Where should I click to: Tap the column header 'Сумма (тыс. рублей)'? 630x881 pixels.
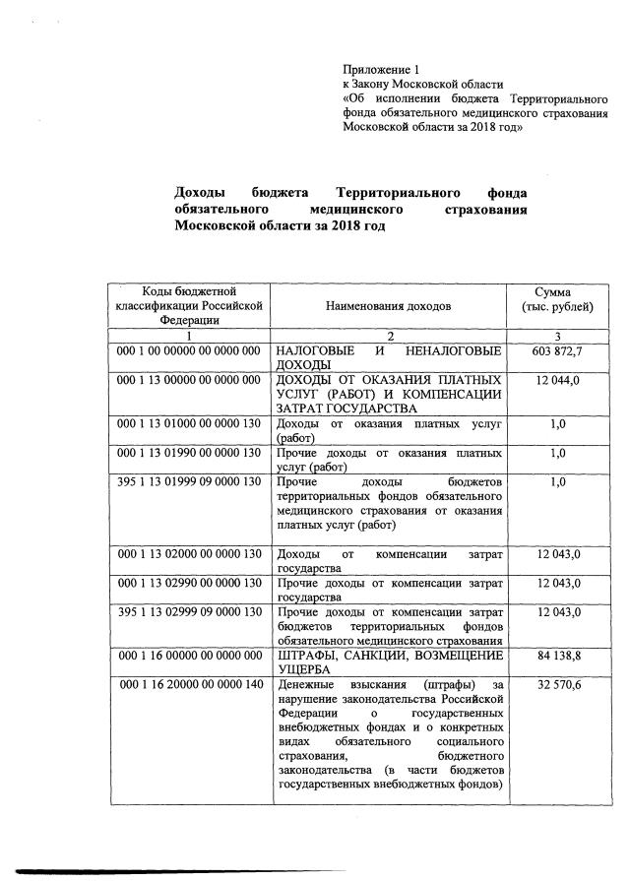coord(557,299)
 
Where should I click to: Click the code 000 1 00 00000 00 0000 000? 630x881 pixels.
coord(188,350)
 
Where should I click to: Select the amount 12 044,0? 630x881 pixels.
coord(557,380)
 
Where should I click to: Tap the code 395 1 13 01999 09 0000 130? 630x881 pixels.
coord(188,481)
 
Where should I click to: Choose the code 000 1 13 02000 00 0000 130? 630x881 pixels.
coord(188,554)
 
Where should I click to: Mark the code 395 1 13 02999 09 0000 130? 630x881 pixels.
coord(188,612)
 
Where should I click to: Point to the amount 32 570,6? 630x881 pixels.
coord(557,685)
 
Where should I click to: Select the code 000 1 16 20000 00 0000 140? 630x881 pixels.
coord(188,685)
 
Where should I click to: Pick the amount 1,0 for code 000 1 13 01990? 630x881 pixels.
coord(557,453)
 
